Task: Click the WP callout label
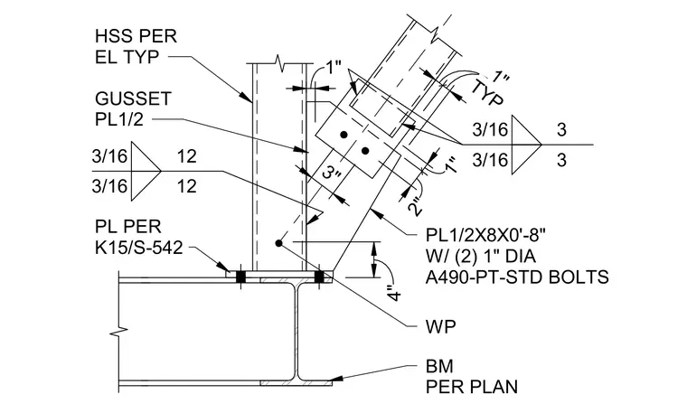pyautogui.click(x=440, y=326)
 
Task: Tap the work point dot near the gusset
pyautogui.click(x=278, y=242)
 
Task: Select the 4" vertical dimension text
pyautogui.click(x=395, y=293)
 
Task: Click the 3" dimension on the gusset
pyautogui.click(x=331, y=174)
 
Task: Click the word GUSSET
pyautogui.click(x=133, y=99)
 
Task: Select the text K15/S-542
pyautogui.click(x=138, y=248)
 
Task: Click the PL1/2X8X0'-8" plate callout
pyautogui.click(x=486, y=235)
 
